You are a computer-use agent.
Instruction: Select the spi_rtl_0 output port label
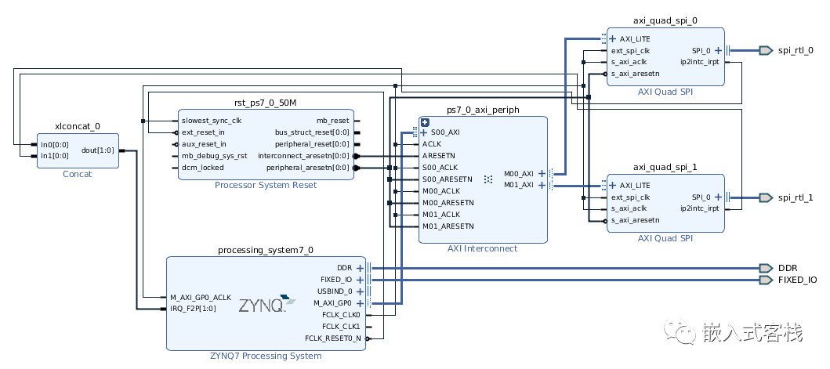[795, 50]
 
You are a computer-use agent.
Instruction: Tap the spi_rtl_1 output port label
[795, 197]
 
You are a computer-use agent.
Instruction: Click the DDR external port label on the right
[787, 267]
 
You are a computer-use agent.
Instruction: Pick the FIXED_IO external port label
[797, 279]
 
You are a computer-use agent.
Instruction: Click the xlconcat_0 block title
[78, 125]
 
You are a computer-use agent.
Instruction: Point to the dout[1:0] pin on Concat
[98, 150]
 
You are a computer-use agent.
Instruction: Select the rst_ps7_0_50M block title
[266, 103]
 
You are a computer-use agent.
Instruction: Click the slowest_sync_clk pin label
[212, 121]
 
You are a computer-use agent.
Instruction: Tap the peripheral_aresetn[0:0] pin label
[308, 168]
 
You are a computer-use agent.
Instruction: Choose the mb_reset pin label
[332, 121]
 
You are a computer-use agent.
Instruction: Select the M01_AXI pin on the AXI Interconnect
[518, 185]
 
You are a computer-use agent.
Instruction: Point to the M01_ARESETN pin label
[448, 226]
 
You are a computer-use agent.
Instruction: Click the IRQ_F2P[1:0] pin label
[193, 309]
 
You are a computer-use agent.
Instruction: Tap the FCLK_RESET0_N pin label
[333, 338]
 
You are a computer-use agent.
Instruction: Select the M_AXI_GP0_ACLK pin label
[201, 298]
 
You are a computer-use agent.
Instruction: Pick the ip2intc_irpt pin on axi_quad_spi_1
[700, 208]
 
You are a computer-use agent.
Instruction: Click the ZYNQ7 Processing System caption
[266, 356]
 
